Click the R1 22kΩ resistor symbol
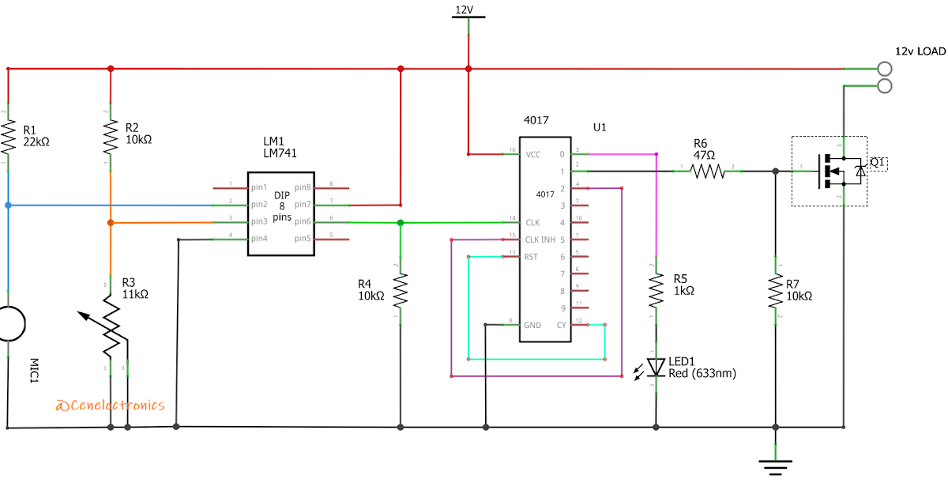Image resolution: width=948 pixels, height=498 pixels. point(8,136)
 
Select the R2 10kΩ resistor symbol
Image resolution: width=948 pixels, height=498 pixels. point(110,136)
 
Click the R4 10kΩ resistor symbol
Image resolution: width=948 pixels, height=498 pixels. point(401,289)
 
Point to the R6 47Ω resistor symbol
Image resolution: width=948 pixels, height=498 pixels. point(709,170)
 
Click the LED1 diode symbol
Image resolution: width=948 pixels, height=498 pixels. point(656,367)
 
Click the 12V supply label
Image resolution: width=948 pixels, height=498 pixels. point(464,9)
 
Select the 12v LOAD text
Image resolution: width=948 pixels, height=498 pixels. point(920,51)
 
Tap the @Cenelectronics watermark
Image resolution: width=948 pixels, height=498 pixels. point(110,406)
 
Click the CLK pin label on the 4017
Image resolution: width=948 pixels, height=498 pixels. point(533,223)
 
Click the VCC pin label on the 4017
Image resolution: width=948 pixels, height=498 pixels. point(533,155)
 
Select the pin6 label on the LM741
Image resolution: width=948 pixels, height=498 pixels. point(303,222)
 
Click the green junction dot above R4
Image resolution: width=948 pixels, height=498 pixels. point(401,223)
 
